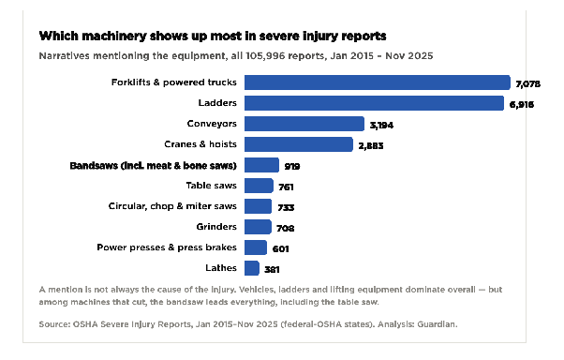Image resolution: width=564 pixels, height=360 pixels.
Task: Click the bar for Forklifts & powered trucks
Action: click(378, 82)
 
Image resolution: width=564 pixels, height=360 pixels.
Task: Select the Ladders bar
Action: click(374, 103)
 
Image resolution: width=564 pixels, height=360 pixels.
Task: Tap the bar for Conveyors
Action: click(304, 124)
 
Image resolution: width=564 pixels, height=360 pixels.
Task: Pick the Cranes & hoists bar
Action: click(299, 144)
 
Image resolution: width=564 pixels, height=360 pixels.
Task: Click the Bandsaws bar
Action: click(261, 165)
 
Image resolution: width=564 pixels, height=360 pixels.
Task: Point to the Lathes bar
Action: click(252, 268)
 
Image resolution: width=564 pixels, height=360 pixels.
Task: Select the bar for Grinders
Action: click(258, 227)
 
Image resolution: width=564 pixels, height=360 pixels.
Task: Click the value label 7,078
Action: click(528, 83)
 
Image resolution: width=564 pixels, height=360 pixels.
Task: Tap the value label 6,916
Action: click(522, 105)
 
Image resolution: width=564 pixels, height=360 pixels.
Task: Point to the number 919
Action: click(292, 166)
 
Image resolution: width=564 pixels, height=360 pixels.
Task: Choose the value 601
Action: click(280, 248)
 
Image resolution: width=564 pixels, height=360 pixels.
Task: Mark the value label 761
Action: click(286, 187)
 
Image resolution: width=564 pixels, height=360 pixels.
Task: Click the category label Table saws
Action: click(211, 186)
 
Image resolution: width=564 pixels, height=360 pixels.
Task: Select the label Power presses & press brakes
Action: click(167, 247)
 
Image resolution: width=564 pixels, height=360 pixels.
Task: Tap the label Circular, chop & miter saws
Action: click(172, 206)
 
